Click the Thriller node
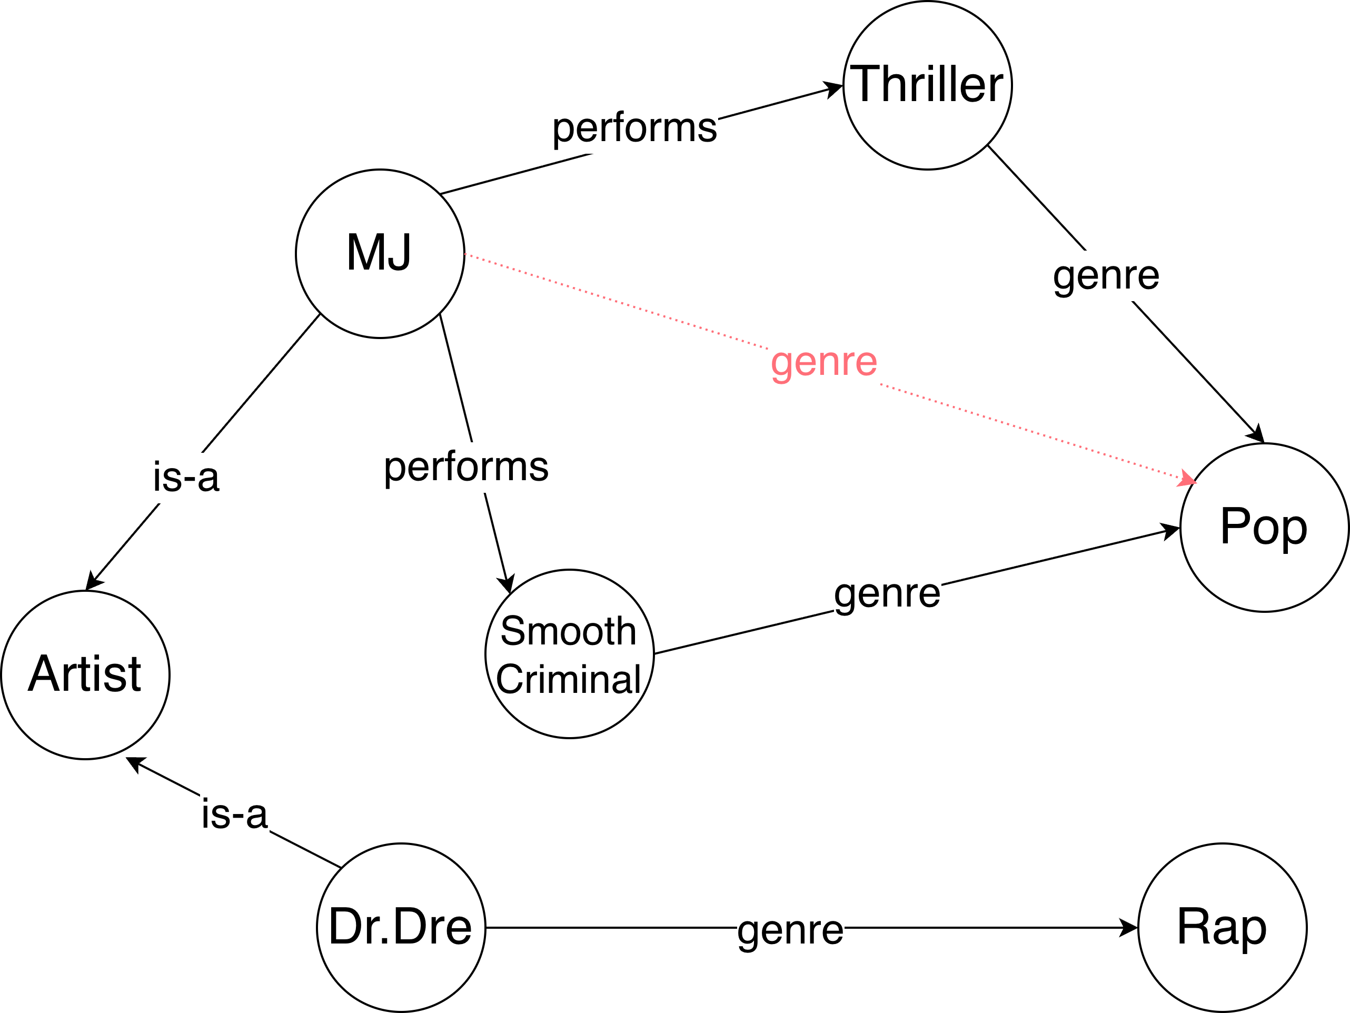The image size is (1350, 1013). (927, 85)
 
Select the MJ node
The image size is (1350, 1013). (380, 253)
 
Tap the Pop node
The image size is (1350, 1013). (1264, 527)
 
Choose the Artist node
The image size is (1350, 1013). (85, 675)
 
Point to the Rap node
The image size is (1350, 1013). (1223, 928)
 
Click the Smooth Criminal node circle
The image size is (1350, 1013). (569, 720)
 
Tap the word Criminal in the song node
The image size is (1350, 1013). (568, 679)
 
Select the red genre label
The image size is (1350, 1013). (824, 362)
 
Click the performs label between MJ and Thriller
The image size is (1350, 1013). (634, 128)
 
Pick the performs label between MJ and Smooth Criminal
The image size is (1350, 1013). (466, 468)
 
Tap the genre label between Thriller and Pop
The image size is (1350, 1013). (1106, 276)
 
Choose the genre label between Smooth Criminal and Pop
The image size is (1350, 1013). (887, 594)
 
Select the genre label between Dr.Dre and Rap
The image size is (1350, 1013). (790, 931)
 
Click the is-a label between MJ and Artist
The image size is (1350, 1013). (186, 478)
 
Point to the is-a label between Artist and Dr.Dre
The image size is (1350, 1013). (234, 815)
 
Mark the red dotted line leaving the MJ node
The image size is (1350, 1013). (610, 299)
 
